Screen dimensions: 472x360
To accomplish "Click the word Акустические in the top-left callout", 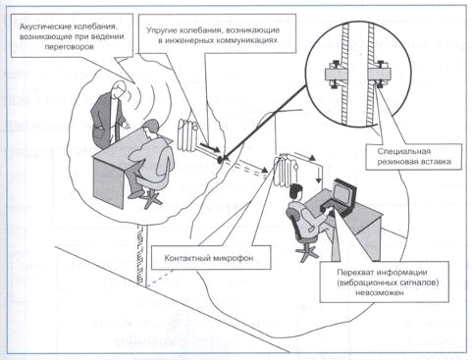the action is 45,26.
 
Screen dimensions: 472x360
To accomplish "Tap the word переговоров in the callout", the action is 70,46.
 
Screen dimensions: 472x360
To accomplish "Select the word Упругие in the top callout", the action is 161,30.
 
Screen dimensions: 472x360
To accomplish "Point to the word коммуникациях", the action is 249,40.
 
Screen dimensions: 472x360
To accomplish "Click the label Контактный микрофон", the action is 209,258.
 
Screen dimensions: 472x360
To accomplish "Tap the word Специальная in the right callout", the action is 403,151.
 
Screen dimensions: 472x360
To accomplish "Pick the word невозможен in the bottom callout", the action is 380,292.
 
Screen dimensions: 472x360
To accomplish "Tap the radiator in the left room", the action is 186,134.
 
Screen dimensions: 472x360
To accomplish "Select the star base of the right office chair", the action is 306,252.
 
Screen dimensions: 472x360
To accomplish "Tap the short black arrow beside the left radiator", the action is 210,148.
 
